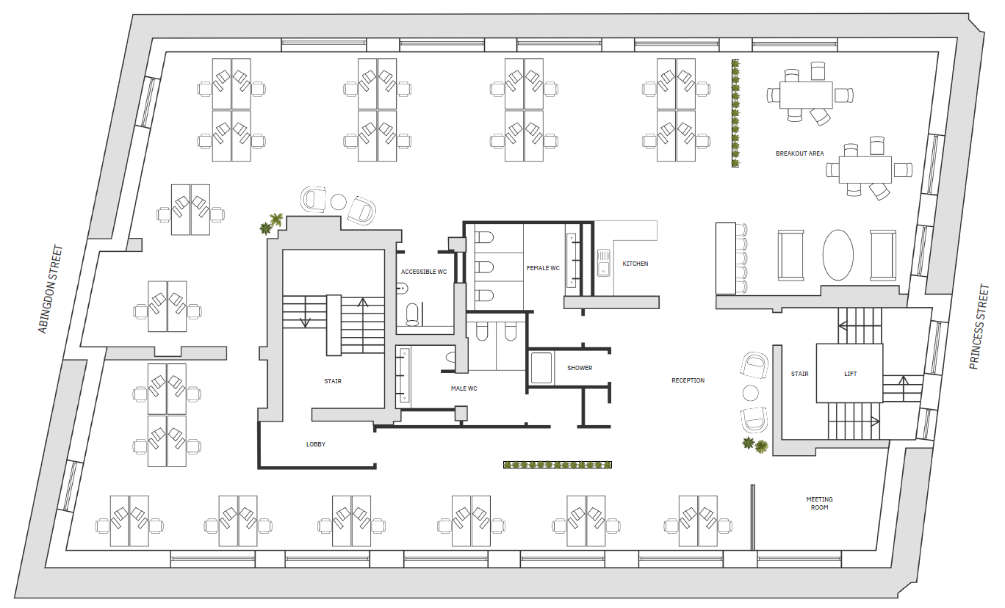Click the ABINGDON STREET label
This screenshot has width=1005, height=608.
50,289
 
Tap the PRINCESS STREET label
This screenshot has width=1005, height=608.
979,327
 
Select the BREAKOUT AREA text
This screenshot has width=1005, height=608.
799,153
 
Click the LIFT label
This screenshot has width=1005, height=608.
850,374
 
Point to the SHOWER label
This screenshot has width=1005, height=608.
580,368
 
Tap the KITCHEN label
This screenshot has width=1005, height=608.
635,264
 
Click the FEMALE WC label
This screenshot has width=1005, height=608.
543,268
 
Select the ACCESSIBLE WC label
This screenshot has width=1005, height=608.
424,272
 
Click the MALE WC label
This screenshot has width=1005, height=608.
464,388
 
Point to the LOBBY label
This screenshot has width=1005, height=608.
316,444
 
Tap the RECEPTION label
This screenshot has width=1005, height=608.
688,380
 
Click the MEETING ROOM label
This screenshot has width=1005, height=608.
819,503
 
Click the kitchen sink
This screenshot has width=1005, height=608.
603,263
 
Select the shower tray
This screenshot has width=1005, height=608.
541,368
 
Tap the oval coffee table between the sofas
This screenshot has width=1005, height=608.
837,255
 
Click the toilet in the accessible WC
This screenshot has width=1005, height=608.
412,314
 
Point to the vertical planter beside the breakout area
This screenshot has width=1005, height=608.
735,113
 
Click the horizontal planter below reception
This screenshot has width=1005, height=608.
558,465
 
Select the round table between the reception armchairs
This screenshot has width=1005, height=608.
750,394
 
